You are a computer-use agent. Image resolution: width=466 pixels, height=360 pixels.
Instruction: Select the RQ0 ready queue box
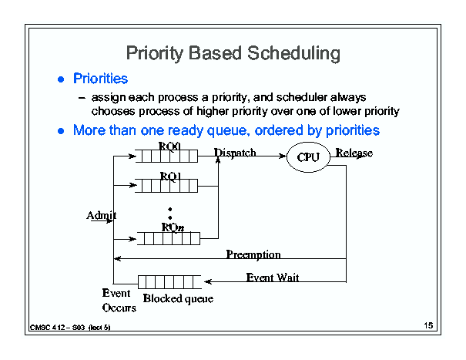(166, 156)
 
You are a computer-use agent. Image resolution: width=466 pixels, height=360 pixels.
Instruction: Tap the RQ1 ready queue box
(166, 186)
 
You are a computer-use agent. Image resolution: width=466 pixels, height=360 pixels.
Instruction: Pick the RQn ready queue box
(168, 239)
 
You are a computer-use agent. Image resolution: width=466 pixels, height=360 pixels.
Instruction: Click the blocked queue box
(169, 282)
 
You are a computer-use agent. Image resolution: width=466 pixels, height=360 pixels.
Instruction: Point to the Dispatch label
(235, 153)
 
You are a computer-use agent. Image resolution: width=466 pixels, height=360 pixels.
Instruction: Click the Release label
(354, 153)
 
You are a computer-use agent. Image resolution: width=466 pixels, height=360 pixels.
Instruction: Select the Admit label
(102, 215)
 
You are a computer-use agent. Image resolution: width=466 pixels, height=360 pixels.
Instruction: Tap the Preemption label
(253, 254)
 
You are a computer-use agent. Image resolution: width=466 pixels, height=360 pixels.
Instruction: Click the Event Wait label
(273, 278)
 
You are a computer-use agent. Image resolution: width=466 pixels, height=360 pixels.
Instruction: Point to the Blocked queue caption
(178, 298)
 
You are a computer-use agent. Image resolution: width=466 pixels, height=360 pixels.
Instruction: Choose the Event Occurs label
(119, 300)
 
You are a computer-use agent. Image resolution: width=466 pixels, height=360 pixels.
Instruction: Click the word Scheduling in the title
(293, 53)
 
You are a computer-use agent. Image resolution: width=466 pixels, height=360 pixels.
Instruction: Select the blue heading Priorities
(100, 79)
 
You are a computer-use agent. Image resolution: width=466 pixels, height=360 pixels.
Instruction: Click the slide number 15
(428, 325)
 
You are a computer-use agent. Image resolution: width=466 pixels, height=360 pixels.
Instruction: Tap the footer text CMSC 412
(47, 328)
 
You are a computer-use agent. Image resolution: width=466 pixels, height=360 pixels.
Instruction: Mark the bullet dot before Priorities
(61, 79)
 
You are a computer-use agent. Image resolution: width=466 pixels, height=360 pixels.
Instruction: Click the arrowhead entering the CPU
(283, 156)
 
